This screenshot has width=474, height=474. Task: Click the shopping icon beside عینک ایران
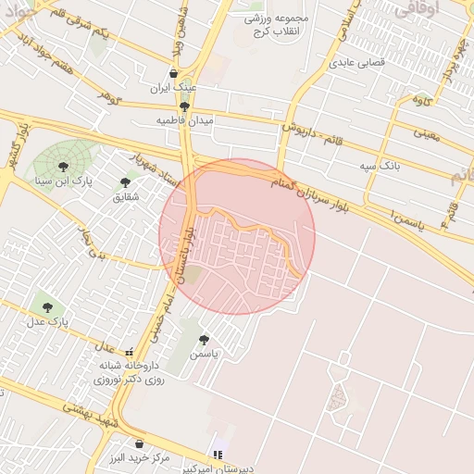tap(173, 74)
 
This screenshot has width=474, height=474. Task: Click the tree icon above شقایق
tap(125, 182)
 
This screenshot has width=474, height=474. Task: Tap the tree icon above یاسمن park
tap(204, 340)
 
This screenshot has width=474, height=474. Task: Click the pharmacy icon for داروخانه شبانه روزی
tap(130, 353)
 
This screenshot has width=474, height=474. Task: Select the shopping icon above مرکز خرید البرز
tap(139, 444)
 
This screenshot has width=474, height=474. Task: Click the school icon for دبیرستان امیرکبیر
tap(218, 455)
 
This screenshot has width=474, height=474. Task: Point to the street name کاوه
tap(422, 98)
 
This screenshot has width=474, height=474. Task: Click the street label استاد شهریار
tap(153, 167)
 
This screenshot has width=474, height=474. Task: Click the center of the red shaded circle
tap(237, 236)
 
